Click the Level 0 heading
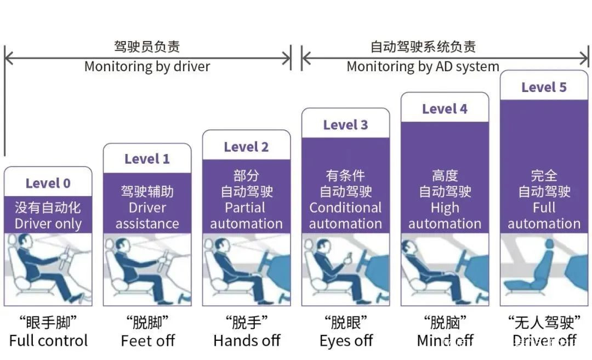[48, 184]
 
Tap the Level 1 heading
[147, 159]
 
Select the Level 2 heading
[246, 147]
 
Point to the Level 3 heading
[345, 125]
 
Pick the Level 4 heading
[445, 109]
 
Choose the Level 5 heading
[544, 87]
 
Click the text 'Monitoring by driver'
[147, 67]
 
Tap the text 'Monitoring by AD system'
[423, 67]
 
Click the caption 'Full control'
[48, 341]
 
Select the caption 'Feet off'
[147, 341]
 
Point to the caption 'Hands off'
[247, 341]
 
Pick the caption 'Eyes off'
[346, 341]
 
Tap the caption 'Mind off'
[445, 341]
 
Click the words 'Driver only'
[48, 224]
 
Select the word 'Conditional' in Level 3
[345, 208]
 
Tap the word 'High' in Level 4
[445, 208]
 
